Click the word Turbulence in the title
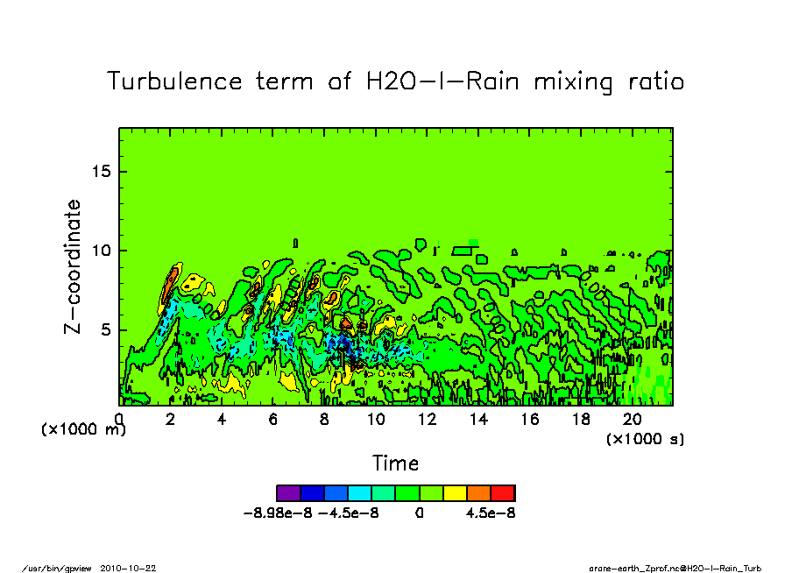click(x=174, y=81)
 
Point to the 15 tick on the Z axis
click(x=102, y=171)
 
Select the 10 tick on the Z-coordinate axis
click(x=102, y=251)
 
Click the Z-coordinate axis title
click(x=74, y=266)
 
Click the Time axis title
click(x=395, y=463)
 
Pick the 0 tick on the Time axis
click(x=119, y=419)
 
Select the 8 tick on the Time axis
click(x=325, y=419)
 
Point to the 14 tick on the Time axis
click(x=479, y=419)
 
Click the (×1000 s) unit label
click(x=645, y=437)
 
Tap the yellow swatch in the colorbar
click(x=455, y=492)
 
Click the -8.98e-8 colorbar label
click(x=278, y=513)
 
